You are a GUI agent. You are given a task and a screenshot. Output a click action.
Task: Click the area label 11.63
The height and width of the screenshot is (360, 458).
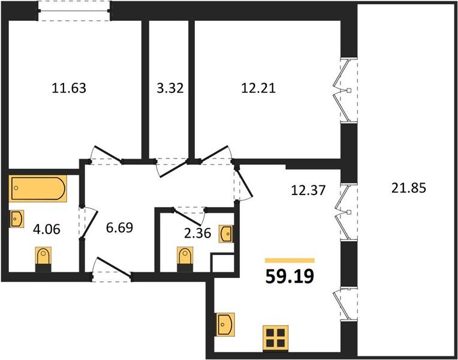(70, 89)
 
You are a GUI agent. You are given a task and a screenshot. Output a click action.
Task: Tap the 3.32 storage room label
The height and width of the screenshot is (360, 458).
(168, 89)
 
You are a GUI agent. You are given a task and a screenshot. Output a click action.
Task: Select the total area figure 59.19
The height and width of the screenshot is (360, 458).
(290, 277)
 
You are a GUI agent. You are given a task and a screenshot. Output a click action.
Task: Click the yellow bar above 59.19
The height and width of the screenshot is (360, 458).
(290, 260)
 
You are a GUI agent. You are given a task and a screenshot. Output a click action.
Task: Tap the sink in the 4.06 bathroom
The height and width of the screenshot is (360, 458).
(17, 218)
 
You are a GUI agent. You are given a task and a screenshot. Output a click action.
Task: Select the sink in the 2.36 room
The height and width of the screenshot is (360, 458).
(227, 233)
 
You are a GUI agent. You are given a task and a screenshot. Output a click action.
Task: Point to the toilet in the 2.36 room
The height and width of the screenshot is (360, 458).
(185, 258)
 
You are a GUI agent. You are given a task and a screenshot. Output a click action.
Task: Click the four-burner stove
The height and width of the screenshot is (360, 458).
(276, 338)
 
